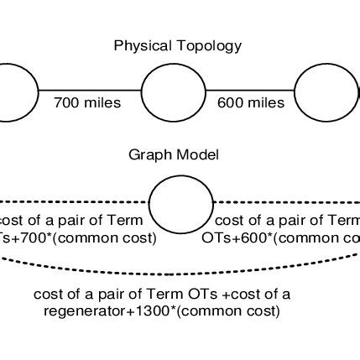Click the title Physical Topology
pos(178,45)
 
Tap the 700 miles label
pos(87,103)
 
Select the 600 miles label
pos(251,103)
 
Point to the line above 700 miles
pos(90,89)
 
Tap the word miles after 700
pos(102,103)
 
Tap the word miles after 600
pos(265,103)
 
